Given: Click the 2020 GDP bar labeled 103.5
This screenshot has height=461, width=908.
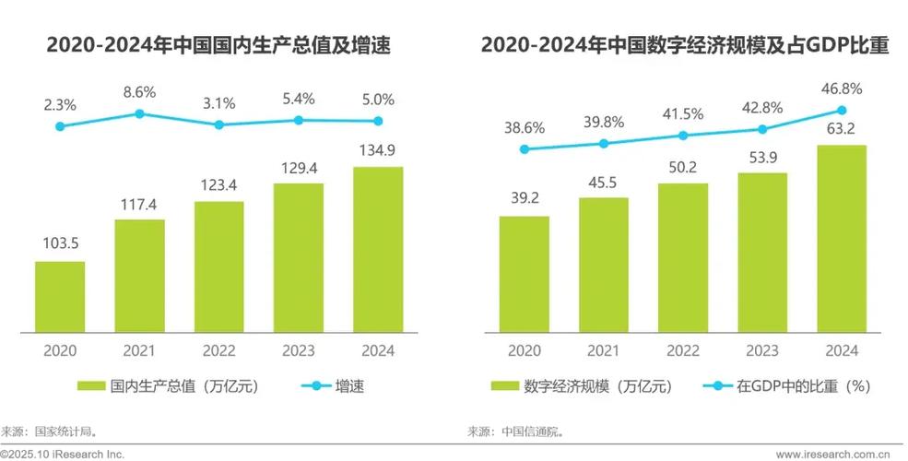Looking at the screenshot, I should point(60,296).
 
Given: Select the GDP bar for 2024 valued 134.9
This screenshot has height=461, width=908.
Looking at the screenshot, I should point(378,249).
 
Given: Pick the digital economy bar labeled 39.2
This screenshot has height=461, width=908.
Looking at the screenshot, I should point(524,274).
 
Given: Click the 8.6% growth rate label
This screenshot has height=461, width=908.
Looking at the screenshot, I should point(139,92).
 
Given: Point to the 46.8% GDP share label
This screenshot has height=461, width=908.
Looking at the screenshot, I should point(842,89).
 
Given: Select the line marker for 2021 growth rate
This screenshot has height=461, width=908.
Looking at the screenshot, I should point(139,113).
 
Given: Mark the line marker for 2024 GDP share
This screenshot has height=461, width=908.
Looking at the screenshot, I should point(842,110).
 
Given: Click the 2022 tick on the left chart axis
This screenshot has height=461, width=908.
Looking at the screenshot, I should point(218,350).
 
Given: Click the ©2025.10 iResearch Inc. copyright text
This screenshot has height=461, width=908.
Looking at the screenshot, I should point(63,454).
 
